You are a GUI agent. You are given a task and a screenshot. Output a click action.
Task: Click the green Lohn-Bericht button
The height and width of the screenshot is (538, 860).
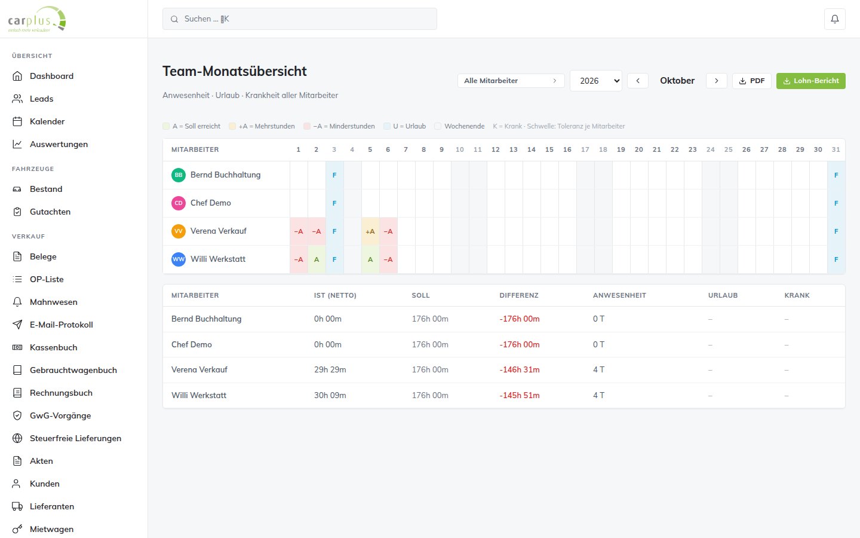[x=810, y=81]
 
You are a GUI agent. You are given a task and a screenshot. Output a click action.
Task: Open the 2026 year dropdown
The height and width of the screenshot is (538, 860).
[x=596, y=81]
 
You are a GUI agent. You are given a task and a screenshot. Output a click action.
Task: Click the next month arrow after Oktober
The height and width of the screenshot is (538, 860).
[x=717, y=81]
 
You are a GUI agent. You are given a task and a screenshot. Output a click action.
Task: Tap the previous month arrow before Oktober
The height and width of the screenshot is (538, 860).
[x=638, y=81]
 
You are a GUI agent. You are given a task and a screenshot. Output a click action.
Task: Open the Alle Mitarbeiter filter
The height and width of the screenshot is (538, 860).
[x=511, y=81]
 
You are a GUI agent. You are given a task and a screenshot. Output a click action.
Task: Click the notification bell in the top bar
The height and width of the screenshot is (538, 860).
[x=835, y=19]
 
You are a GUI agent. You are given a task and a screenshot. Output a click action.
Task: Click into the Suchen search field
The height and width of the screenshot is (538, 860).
[x=299, y=19]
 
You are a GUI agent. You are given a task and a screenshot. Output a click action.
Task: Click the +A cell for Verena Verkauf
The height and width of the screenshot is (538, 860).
[x=370, y=231]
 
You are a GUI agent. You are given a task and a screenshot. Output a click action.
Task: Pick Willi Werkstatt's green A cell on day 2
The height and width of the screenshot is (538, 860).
[x=317, y=259]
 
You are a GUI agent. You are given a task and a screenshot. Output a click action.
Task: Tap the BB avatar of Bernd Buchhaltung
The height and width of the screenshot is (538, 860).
[x=178, y=175]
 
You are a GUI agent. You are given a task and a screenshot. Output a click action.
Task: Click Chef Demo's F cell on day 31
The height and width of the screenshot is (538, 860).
[x=836, y=203]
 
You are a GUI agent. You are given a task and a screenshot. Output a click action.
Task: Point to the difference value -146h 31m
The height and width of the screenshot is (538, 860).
[x=520, y=369]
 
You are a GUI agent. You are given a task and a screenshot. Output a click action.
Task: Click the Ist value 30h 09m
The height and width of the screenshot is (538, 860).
[x=330, y=395]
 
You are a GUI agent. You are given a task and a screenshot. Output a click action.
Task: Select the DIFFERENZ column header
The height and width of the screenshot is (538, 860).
[x=518, y=295]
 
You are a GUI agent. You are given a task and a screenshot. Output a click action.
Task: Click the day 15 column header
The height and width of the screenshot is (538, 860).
[x=549, y=149]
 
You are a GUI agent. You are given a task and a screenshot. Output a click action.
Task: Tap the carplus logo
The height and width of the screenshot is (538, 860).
[x=37, y=19]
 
